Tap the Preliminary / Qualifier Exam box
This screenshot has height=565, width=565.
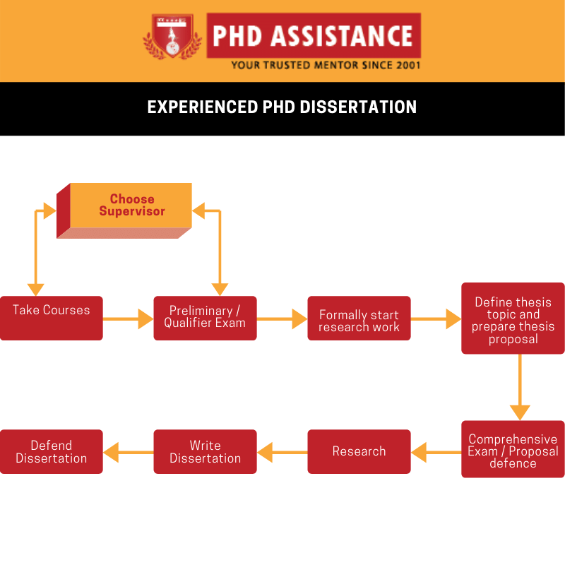(x=205, y=318)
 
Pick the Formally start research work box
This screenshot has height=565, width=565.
(x=359, y=319)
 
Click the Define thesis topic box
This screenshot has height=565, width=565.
(x=513, y=319)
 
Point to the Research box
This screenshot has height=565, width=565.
(x=359, y=451)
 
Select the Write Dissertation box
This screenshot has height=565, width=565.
(x=205, y=451)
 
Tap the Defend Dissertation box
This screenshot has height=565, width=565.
(x=51, y=451)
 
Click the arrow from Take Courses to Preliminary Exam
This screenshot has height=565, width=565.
(x=128, y=319)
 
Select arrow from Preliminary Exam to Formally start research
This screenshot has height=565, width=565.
(x=282, y=319)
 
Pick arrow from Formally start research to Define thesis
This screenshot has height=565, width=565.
(x=436, y=319)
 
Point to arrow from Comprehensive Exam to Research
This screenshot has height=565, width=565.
(x=436, y=452)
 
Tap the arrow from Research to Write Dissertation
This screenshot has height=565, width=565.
(x=282, y=452)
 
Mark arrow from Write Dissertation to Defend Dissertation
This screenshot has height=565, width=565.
(x=128, y=452)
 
